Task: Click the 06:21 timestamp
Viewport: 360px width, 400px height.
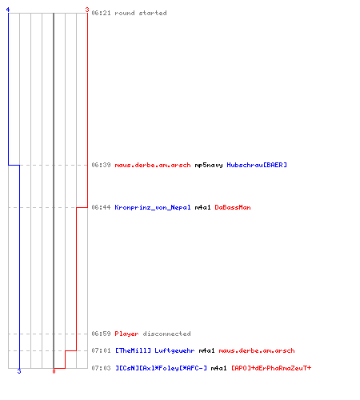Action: tap(101, 13)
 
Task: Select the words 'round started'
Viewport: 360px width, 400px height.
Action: tap(141, 13)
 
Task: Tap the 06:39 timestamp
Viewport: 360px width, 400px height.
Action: tap(101, 165)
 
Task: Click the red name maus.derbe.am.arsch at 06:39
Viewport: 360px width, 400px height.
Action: tap(153, 165)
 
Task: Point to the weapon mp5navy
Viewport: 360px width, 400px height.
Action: tap(209, 166)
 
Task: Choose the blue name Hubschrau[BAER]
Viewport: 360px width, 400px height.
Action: tap(257, 165)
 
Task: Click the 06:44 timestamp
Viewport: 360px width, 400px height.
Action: tap(101, 207)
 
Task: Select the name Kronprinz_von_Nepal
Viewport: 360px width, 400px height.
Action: tap(153, 207)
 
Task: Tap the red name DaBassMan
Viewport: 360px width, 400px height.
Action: tap(233, 207)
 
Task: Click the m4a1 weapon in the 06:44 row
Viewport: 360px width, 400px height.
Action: tap(202, 207)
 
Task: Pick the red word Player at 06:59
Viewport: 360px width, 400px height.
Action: tap(126, 334)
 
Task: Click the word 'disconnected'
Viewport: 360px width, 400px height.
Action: tap(166, 334)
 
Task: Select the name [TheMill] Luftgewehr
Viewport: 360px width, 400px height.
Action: tap(154, 350)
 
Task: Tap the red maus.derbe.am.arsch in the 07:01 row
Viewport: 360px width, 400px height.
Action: tap(257, 350)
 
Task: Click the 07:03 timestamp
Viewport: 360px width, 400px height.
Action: tap(101, 368)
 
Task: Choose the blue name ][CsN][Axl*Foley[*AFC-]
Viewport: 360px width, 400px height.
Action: tap(161, 368)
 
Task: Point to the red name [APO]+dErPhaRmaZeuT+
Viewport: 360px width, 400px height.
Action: tap(271, 368)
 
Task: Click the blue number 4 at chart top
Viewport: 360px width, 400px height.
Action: tap(8, 10)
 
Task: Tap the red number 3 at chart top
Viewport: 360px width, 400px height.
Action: tap(87, 10)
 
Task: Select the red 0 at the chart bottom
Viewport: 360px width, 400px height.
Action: tap(54, 371)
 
